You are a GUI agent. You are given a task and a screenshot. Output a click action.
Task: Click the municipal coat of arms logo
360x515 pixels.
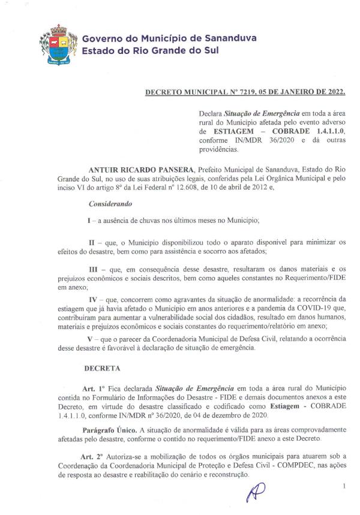58,44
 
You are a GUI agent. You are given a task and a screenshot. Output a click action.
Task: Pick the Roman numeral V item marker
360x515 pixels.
90,339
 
